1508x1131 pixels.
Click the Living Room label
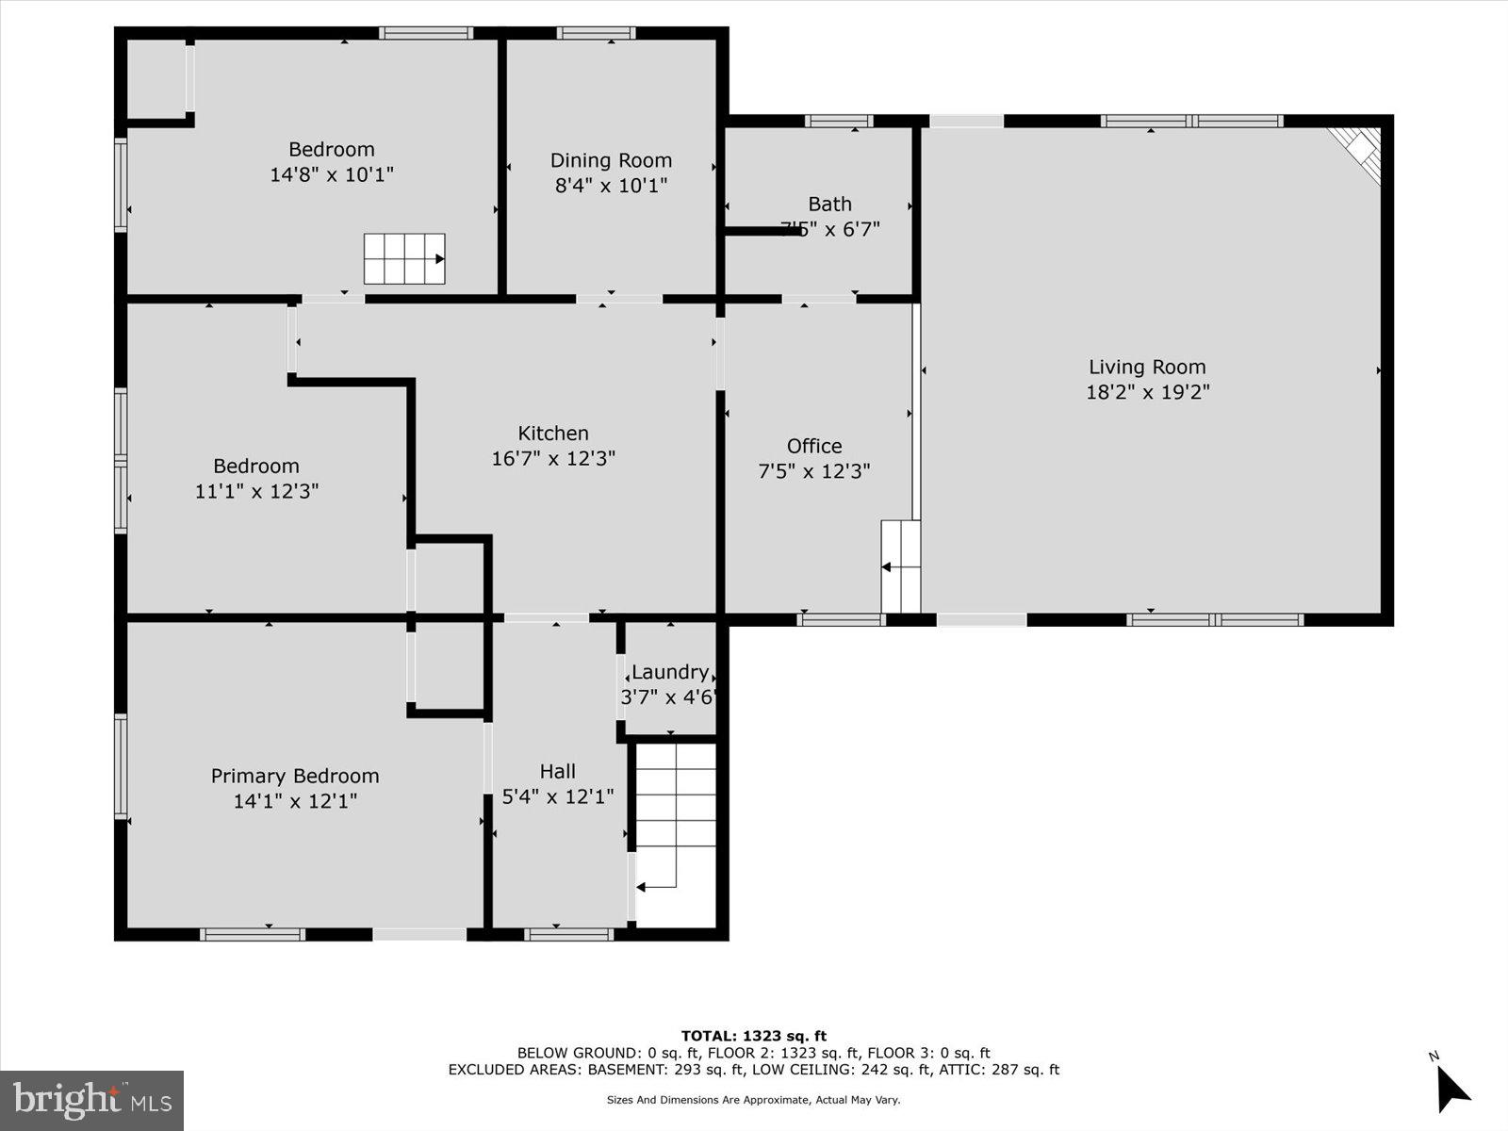1147,368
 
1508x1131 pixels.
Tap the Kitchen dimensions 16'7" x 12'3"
553,459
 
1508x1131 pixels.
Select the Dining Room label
611,160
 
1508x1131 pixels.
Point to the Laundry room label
670,672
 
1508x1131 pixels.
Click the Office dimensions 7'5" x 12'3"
814,471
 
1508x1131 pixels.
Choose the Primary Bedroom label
295,776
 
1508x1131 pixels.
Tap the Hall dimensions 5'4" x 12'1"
558,797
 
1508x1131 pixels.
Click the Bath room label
829,204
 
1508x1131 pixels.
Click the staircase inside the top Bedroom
404,258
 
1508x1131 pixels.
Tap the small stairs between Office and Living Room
900,565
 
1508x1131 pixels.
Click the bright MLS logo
91,1100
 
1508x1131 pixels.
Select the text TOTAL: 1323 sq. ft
753,1036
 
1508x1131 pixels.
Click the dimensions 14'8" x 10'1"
332,174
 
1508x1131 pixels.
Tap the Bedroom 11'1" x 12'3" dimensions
256,491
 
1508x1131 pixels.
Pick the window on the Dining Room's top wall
596,33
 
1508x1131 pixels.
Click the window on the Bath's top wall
839,121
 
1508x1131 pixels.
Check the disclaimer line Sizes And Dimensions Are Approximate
753,1100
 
